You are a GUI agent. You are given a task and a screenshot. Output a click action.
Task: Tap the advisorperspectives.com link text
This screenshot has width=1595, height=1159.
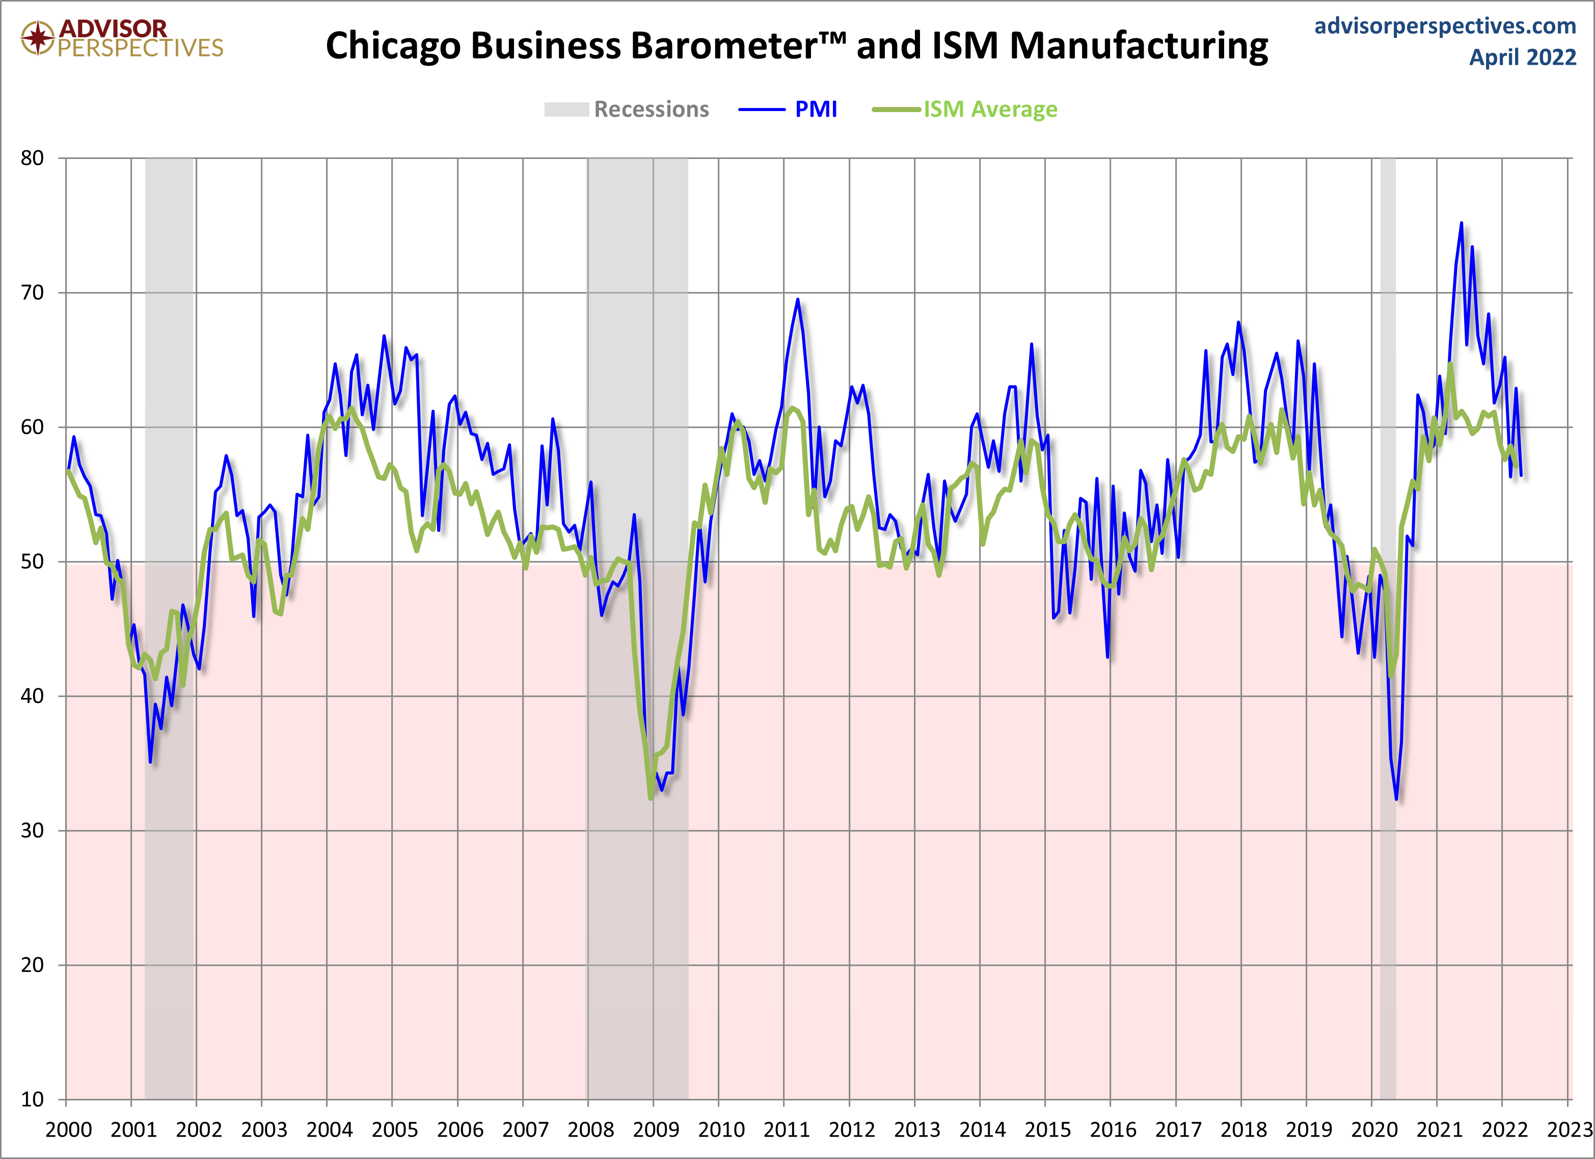(1445, 26)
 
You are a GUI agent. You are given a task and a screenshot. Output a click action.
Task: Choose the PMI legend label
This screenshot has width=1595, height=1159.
(815, 110)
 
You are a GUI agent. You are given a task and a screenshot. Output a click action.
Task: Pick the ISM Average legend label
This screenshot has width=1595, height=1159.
(989, 110)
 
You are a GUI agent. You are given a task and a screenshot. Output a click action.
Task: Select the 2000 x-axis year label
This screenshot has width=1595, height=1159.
(68, 1130)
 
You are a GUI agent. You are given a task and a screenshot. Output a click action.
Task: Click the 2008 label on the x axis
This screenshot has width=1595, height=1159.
(591, 1130)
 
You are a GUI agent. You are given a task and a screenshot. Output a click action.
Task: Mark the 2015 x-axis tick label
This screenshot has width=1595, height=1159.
(1048, 1130)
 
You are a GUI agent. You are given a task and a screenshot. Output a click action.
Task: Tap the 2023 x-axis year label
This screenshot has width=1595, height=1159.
(1569, 1130)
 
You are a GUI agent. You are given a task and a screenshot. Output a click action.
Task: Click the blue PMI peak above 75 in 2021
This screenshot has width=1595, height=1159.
(1462, 224)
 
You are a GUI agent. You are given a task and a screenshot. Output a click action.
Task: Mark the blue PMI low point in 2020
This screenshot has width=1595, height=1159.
(1396, 799)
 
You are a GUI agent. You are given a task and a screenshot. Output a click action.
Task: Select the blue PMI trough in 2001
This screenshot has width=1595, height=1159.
(150, 762)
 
